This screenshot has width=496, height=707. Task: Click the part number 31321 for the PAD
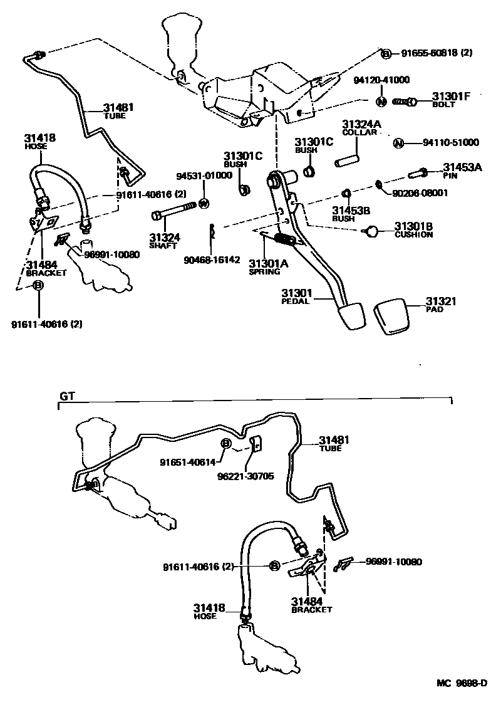[x=441, y=301]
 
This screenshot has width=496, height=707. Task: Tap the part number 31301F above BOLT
[x=450, y=97]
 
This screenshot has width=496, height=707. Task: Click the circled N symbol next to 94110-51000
[x=398, y=144]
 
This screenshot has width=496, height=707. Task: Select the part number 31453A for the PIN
[x=462, y=167]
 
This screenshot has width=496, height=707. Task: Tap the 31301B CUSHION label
[x=413, y=229]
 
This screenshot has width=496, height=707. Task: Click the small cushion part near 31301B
[x=372, y=231]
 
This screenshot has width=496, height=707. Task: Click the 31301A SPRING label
[x=268, y=267]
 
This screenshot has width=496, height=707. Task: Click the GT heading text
[x=66, y=396]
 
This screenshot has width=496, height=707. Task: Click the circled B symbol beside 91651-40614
[x=226, y=444]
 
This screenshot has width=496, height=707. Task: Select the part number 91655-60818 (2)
[x=437, y=54]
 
